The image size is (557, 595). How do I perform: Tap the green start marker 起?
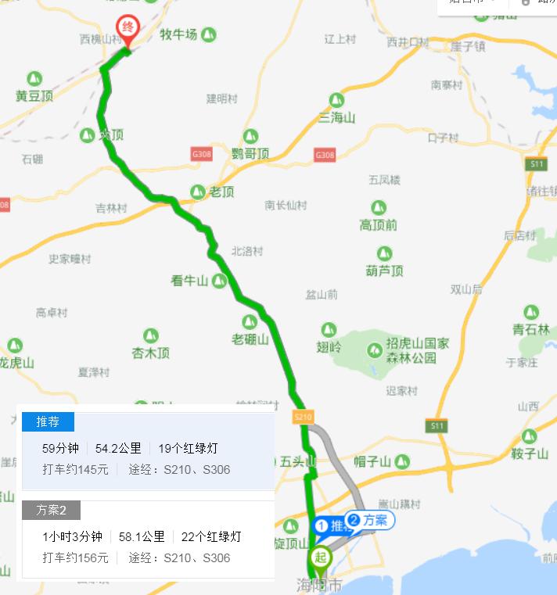(319, 558)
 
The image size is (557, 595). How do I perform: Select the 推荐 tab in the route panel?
(48, 422)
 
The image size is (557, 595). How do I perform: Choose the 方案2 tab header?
(51, 511)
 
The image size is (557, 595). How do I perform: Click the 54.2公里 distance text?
(118, 448)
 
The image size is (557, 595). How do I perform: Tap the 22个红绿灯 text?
(206, 536)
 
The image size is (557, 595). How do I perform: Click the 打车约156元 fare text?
(75, 558)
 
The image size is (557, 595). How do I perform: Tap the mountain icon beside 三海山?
(336, 99)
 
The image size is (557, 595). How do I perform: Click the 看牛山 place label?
(190, 281)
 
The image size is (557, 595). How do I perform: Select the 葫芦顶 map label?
(384, 271)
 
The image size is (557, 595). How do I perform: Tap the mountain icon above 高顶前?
(379, 208)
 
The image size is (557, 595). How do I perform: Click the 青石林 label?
(531, 330)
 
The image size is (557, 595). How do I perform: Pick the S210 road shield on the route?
(303, 418)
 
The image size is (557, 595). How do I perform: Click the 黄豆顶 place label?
(34, 96)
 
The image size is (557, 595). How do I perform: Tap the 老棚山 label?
(250, 339)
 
